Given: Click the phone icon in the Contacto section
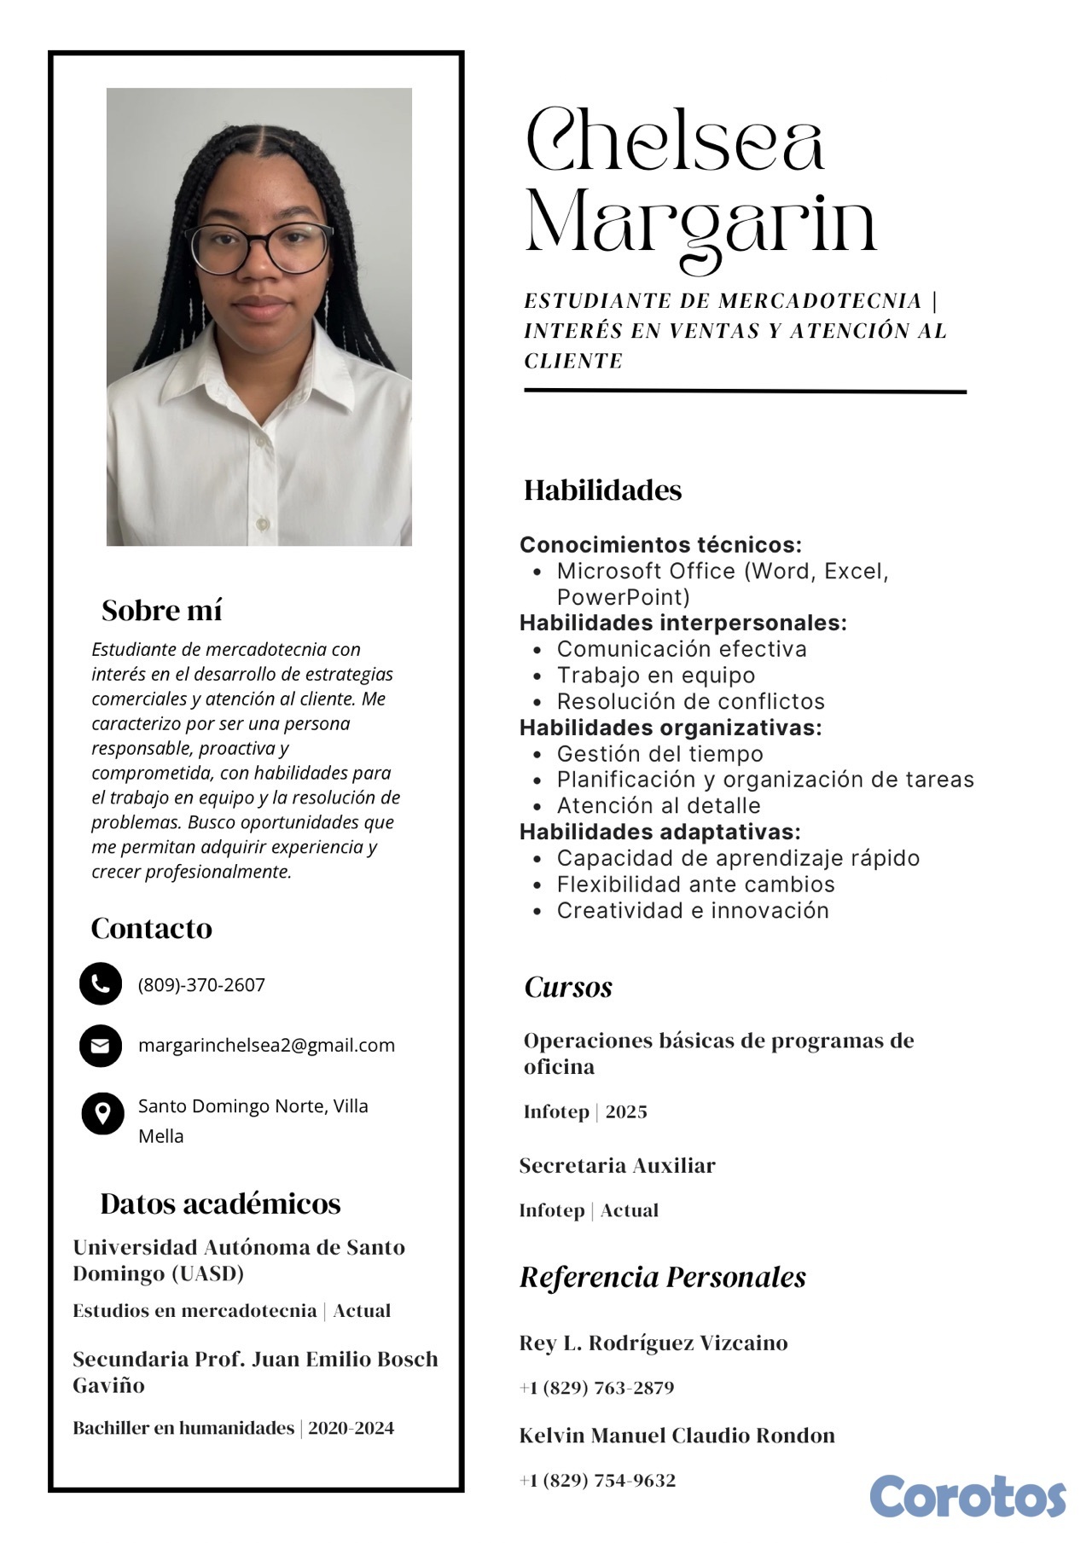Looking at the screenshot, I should [101, 983].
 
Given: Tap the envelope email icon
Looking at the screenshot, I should [101, 1045].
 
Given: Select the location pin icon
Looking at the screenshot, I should [102, 1113].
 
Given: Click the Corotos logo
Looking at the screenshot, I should [967, 1496].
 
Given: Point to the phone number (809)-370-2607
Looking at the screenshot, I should [201, 985].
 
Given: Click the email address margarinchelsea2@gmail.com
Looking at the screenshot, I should [266, 1046].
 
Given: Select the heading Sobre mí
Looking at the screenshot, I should [161, 611].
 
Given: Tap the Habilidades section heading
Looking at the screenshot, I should [602, 490].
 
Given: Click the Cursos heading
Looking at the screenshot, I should [568, 988].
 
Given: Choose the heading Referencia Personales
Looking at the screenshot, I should [663, 1278].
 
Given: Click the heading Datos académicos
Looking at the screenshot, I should [220, 1204].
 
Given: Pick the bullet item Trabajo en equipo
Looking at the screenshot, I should [655, 676].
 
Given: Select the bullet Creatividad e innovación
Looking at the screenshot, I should [692, 911].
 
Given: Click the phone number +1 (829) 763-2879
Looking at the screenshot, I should [597, 1388].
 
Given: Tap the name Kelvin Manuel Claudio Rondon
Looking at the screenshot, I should [677, 1436].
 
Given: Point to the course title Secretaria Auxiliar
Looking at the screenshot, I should [617, 1166].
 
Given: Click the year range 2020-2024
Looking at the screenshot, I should [351, 1428].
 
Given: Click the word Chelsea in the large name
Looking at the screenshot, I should [675, 141].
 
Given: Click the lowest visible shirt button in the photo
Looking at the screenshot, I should [263, 522].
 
